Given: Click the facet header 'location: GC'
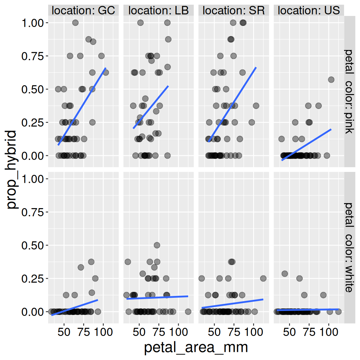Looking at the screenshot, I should coord(83,11).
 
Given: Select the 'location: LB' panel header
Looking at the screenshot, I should coord(158,11).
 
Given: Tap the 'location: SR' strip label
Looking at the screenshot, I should coord(233,11).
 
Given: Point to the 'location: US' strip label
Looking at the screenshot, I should coord(309,11).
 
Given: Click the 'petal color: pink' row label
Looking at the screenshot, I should coord(349,91).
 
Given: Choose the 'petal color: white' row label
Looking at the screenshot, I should coord(349,247).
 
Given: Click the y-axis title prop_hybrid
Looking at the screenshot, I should coord(12,169).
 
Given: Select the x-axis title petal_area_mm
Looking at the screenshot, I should coord(196,347).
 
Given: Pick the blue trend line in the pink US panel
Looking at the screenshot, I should coord(306,144).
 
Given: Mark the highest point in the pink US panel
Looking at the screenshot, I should coord(331,80).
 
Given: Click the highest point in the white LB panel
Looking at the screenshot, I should coord(157,245).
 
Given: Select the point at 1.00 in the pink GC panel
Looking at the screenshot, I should coord(75,23).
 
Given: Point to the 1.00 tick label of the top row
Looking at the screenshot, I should coord(32,23).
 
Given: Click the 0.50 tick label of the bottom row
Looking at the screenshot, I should coord(32,246).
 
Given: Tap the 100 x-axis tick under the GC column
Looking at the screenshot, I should coord(103,332).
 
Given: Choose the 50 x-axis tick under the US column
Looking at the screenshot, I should coord(289,332).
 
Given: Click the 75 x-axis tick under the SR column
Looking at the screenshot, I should coord(234,332).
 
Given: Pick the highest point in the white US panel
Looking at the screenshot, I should coord(284,274).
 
